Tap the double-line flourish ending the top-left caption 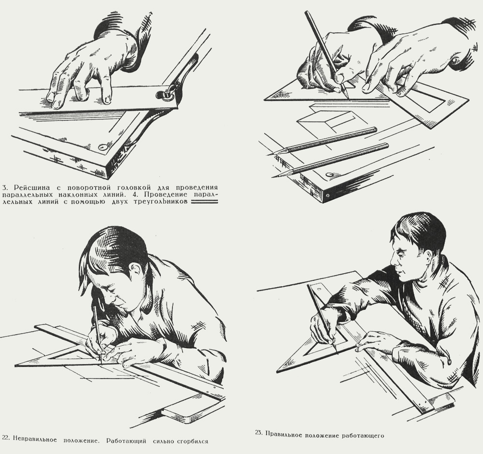204,202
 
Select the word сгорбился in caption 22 193,441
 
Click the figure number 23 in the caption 259,432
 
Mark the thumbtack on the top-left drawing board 102,147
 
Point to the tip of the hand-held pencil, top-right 349,100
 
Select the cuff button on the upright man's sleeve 449,361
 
